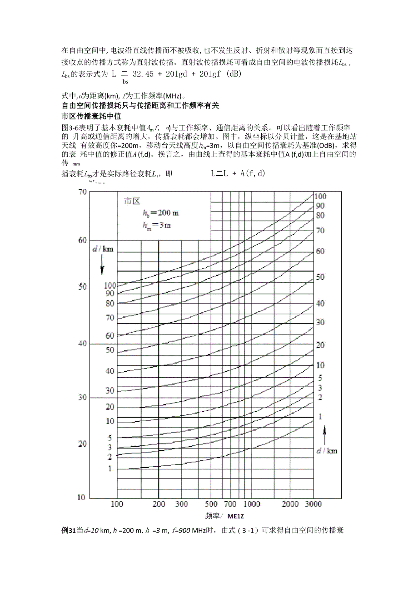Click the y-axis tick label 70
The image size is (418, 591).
[x=82, y=192]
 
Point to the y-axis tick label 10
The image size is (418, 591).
[x=81, y=497]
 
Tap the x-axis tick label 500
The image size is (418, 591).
[x=211, y=504]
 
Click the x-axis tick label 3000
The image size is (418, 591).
[x=313, y=504]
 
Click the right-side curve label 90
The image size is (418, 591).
[x=320, y=206]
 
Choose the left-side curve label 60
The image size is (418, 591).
[x=109, y=336]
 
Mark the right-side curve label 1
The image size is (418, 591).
[x=320, y=416]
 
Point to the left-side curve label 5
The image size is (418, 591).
[x=109, y=438]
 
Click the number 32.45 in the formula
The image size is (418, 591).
[x=144, y=73]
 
